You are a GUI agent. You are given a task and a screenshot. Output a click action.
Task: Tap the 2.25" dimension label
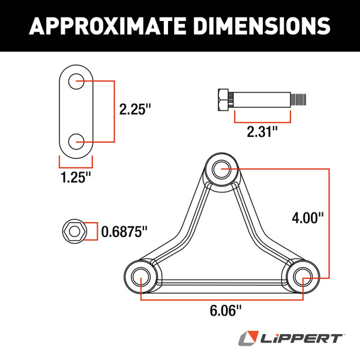tap(135, 110)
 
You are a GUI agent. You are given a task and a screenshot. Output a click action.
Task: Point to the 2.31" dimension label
tap(263, 131)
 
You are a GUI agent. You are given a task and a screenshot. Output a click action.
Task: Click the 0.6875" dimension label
tap(124, 230)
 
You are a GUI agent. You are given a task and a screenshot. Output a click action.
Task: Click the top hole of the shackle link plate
tap(76, 81)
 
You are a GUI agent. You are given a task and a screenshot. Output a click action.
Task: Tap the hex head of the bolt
tap(220, 98)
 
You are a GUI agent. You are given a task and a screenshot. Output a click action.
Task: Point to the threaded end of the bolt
tap(298, 98)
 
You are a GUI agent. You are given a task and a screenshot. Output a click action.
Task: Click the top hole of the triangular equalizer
tap(220, 167)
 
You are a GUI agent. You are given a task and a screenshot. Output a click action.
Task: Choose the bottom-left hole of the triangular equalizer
tap(141, 276)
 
